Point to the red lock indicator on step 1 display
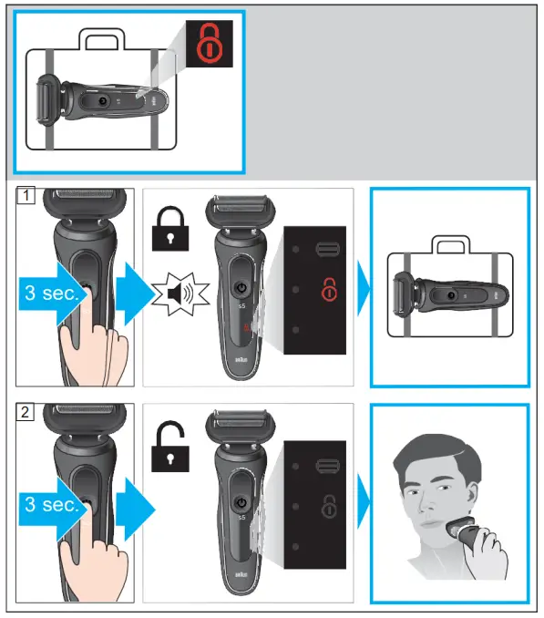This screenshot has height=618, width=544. point(327,291)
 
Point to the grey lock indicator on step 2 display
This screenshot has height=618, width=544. point(327,506)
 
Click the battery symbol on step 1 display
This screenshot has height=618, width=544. point(326,248)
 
